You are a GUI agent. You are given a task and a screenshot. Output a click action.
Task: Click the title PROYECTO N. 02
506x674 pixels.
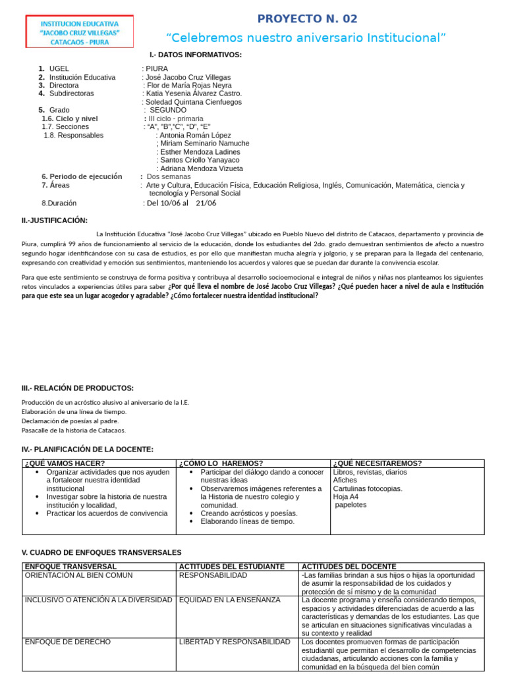(x=307, y=18)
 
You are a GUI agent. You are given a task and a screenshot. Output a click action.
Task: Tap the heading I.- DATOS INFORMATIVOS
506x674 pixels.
(x=196, y=55)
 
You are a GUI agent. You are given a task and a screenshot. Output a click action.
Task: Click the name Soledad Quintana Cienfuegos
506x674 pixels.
(x=193, y=102)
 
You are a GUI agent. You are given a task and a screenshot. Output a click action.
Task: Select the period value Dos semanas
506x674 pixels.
(x=169, y=176)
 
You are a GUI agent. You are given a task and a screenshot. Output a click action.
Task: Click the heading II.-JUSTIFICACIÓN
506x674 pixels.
(x=54, y=220)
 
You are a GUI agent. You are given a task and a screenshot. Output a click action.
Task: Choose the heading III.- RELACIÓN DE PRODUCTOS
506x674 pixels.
(x=78, y=388)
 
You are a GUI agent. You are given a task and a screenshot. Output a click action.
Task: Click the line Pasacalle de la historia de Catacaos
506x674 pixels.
(x=73, y=430)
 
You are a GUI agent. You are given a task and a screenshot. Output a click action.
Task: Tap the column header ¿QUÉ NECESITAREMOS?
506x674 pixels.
(x=378, y=463)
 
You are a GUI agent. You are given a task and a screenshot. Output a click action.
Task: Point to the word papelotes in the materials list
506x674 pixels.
(x=351, y=505)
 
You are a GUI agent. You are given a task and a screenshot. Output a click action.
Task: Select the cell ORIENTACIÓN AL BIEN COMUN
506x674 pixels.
(x=78, y=575)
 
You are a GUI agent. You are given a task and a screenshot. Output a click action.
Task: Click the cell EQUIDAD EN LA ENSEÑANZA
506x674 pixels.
(x=229, y=600)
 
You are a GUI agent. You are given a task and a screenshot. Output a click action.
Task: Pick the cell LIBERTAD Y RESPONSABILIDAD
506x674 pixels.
(x=235, y=641)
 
